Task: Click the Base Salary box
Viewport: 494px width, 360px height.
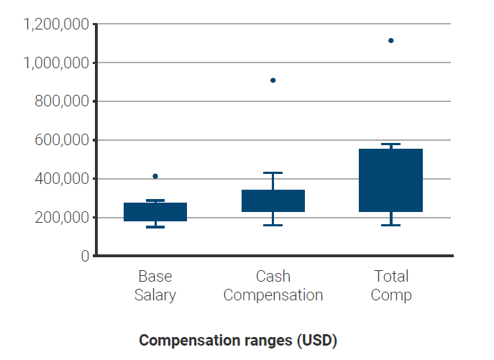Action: click(155, 212)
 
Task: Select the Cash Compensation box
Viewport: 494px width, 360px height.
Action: click(273, 201)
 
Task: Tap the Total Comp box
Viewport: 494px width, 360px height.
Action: click(391, 180)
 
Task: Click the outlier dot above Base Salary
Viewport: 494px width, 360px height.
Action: click(155, 176)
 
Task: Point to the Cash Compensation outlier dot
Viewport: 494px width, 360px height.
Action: click(273, 80)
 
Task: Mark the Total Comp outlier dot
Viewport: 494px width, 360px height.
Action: click(391, 40)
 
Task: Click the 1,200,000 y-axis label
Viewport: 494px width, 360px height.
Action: click(56, 24)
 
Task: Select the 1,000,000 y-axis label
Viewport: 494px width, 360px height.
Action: click(56, 63)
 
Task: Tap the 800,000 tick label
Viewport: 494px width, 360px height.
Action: click(62, 102)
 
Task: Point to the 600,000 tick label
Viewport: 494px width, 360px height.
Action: click(62, 140)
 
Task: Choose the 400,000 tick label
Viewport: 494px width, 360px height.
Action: click(62, 179)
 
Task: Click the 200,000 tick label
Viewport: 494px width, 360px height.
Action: click(62, 218)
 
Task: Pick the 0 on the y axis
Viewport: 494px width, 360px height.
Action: click(85, 256)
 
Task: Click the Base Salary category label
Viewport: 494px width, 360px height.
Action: click(155, 285)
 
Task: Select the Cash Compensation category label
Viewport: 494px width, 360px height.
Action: click(273, 285)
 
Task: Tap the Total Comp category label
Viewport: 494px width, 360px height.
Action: click(391, 285)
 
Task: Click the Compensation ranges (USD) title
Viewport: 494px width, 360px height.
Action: click(238, 340)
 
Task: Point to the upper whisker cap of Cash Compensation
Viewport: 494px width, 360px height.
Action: click(273, 173)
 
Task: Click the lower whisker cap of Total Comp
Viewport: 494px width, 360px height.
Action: click(391, 225)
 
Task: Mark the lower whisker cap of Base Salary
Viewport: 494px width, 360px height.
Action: click(155, 227)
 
